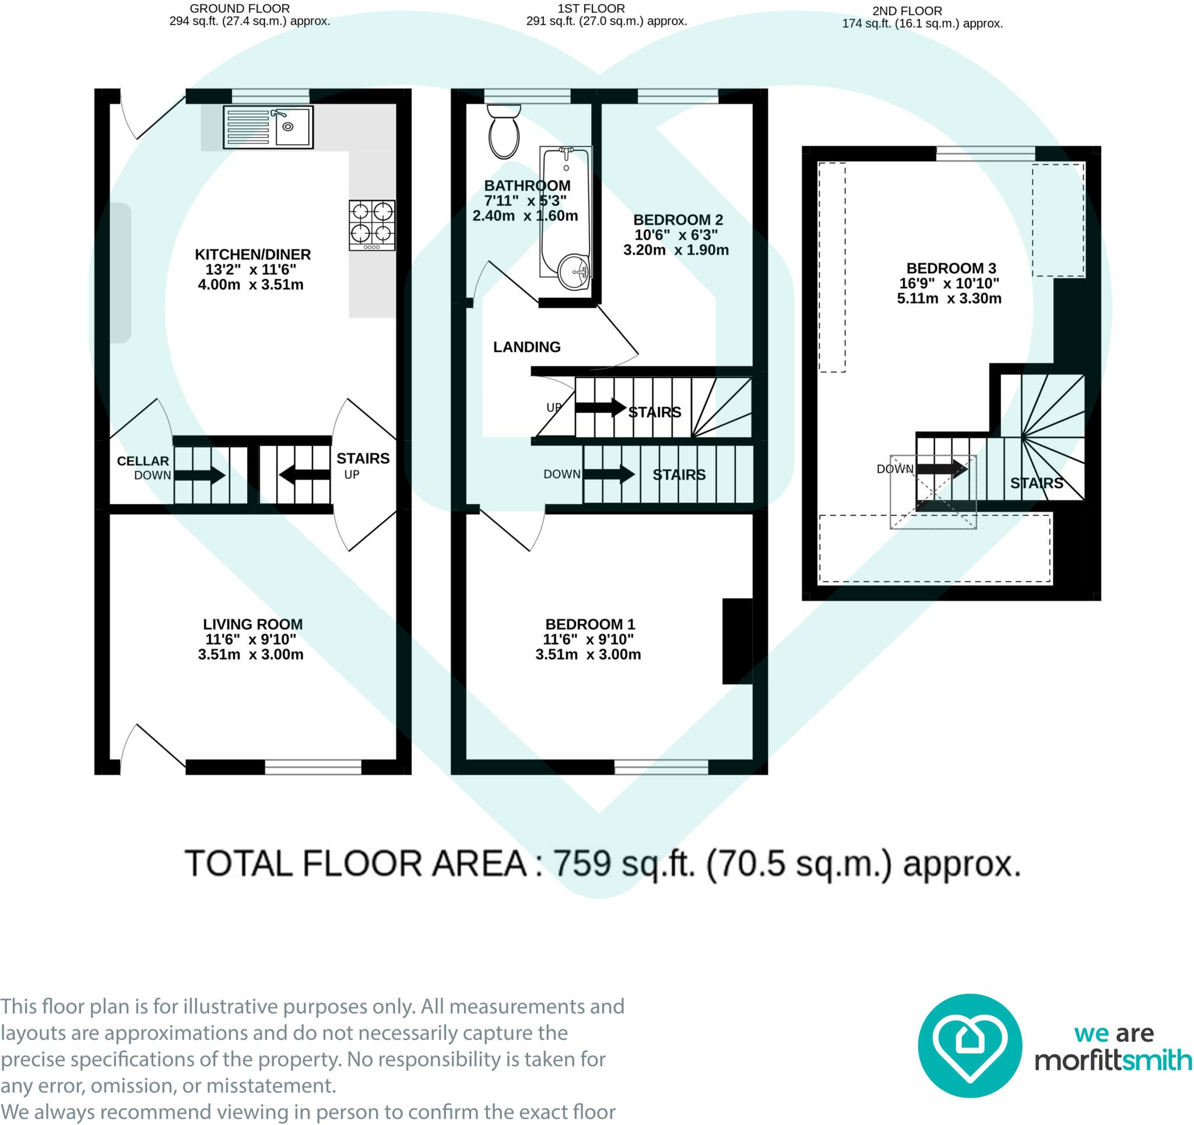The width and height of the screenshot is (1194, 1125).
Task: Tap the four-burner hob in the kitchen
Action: pos(372,225)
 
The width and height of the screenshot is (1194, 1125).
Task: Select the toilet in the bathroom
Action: pos(504,131)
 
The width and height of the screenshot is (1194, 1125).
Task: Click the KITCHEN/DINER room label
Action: pos(253,255)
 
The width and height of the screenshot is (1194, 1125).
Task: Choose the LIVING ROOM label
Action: pos(253,625)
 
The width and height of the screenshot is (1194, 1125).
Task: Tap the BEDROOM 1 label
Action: pos(590,625)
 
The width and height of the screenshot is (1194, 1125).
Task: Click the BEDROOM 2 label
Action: pos(678,220)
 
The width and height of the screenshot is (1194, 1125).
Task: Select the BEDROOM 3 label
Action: pos(951,269)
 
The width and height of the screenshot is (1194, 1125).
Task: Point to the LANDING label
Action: pos(526,347)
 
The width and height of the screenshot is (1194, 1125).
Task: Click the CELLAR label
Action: pos(142,461)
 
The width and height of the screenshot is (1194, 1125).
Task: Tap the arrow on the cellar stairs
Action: pos(199,476)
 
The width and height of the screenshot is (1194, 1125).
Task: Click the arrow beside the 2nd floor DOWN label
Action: pos(942,469)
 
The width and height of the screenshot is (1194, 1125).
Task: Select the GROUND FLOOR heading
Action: pos(240,9)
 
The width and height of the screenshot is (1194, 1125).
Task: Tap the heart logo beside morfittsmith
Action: pos(970,1045)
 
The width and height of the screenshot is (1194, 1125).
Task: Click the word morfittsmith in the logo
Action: pos(1114,1060)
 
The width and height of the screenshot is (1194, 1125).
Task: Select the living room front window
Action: pos(313,767)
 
